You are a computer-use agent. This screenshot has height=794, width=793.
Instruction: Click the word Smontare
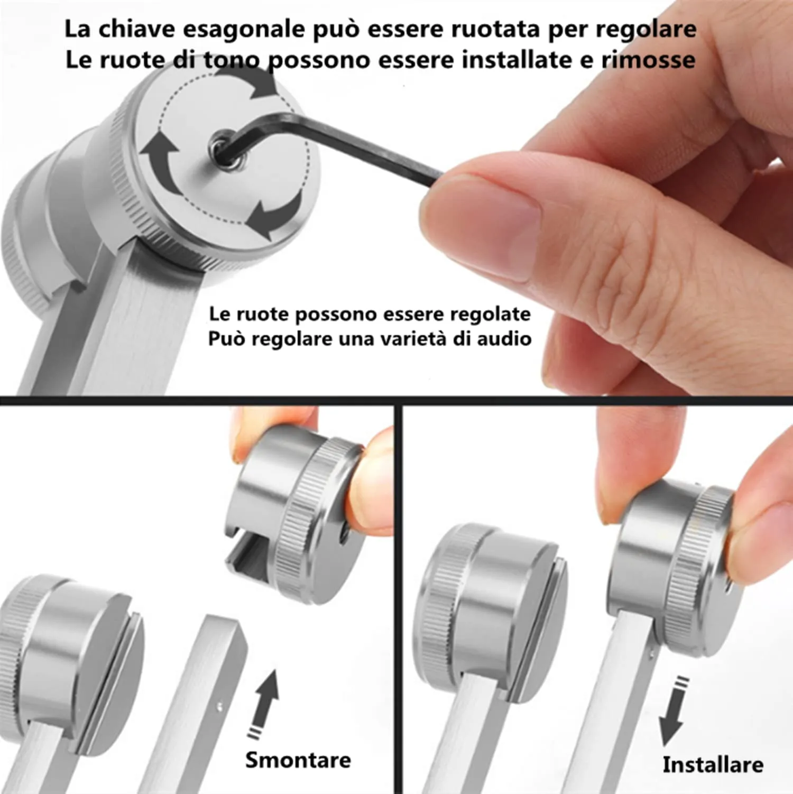click(298, 760)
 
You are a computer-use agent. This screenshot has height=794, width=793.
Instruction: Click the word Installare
click(712, 764)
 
